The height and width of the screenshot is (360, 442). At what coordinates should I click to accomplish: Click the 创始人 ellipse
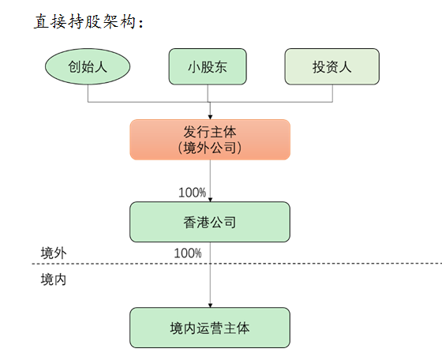[88, 66]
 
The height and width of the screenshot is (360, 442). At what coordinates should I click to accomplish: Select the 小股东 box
[208, 66]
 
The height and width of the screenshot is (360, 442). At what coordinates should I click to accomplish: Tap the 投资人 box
[332, 66]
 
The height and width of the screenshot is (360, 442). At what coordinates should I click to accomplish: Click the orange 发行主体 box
[210, 140]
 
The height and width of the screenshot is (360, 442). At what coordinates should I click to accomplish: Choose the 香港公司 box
[210, 222]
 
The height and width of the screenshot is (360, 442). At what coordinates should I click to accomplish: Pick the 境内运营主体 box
[210, 328]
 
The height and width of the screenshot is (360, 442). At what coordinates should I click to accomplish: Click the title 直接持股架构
[88, 21]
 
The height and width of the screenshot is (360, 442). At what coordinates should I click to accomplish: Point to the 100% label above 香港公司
[193, 193]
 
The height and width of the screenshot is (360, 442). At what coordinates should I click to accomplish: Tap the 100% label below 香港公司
[188, 253]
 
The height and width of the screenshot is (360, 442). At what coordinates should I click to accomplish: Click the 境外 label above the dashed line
[54, 253]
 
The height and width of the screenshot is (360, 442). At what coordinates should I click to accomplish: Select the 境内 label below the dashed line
[54, 279]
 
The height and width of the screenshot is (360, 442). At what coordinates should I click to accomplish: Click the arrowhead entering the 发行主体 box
[210, 117]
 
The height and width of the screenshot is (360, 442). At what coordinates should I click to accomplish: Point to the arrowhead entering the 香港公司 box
[210, 199]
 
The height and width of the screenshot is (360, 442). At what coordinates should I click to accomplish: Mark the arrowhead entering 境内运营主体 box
[210, 305]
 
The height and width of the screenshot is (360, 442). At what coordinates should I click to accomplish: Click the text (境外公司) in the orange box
[210, 148]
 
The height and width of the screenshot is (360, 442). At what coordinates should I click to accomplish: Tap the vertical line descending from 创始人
[88, 93]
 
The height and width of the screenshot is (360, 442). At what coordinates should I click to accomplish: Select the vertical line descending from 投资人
[332, 93]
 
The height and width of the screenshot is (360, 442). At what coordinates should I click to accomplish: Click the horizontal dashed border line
[237, 264]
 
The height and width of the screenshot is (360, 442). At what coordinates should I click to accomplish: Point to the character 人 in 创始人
[101, 67]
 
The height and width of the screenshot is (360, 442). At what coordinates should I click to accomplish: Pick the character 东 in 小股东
[221, 67]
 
